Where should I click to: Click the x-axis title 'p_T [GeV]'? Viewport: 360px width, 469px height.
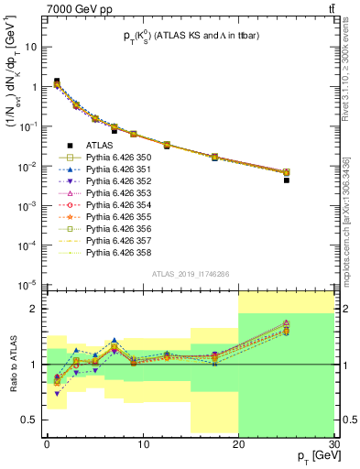(312, 456)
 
